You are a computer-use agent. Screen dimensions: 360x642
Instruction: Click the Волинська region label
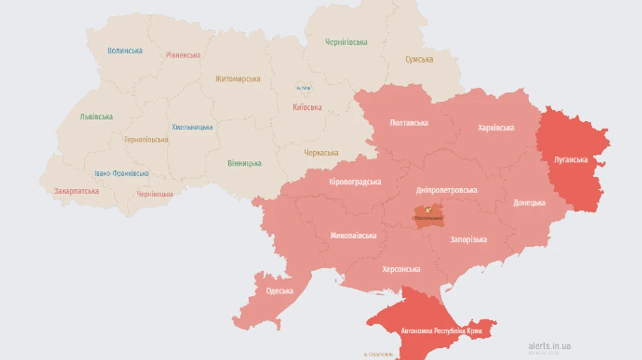point(125,51)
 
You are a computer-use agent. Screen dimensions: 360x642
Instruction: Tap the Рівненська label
point(183,55)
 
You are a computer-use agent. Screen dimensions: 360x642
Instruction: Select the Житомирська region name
point(238,78)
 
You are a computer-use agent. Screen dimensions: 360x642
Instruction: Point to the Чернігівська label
point(346,42)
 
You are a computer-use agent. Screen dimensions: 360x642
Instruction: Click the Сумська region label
point(419,59)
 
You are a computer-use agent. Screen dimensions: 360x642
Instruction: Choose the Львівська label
point(96,116)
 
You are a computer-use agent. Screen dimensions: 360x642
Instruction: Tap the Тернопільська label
point(146,140)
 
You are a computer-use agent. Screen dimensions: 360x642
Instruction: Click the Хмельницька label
point(192,127)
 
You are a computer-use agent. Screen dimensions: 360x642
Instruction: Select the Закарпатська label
point(76,191)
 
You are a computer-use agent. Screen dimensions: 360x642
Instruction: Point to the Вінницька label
point(244,163)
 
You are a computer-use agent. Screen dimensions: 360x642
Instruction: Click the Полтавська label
point(409,123)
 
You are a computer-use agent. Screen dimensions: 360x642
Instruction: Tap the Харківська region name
point(496,128)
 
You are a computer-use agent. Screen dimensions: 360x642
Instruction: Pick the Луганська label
point(571,160)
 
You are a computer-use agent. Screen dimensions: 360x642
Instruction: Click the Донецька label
point(529,202)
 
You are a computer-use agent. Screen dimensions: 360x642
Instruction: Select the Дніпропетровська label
point(447,190)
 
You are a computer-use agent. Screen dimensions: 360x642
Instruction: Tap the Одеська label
point(280,291)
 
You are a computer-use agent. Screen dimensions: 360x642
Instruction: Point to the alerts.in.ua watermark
point(549,346)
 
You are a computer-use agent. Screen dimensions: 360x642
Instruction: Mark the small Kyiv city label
point(304,88)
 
